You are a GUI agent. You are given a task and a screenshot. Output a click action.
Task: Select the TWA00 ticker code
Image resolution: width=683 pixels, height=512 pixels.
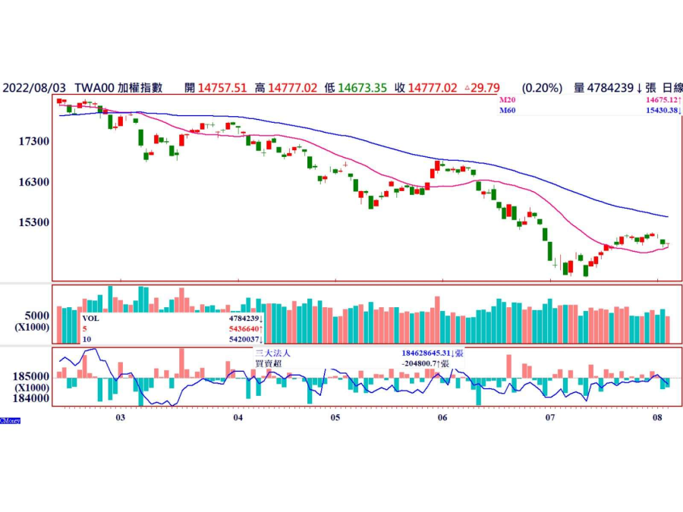(95, 88)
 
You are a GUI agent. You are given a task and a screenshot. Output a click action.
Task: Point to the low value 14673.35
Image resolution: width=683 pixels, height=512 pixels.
(364, 88)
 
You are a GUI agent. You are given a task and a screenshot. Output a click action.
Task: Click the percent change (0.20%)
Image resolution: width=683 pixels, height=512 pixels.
(542, 88)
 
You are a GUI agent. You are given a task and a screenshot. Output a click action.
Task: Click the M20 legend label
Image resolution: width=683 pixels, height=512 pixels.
(507, 100)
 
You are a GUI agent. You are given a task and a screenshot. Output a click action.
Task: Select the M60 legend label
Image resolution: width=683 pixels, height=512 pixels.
(507, 111)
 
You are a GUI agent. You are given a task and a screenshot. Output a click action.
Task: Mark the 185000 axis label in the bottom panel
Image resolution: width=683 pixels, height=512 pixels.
(30, 376)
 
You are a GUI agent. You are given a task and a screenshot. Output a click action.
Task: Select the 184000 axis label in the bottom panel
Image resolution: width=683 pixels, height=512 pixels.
(30, 397)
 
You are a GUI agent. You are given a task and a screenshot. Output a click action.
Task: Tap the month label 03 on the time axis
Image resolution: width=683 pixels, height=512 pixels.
(120, 418)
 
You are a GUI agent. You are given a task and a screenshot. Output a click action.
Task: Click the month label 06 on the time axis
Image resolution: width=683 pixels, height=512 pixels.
(442, 418)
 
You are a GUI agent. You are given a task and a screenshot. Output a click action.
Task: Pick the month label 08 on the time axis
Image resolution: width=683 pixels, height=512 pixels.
(658, 418)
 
